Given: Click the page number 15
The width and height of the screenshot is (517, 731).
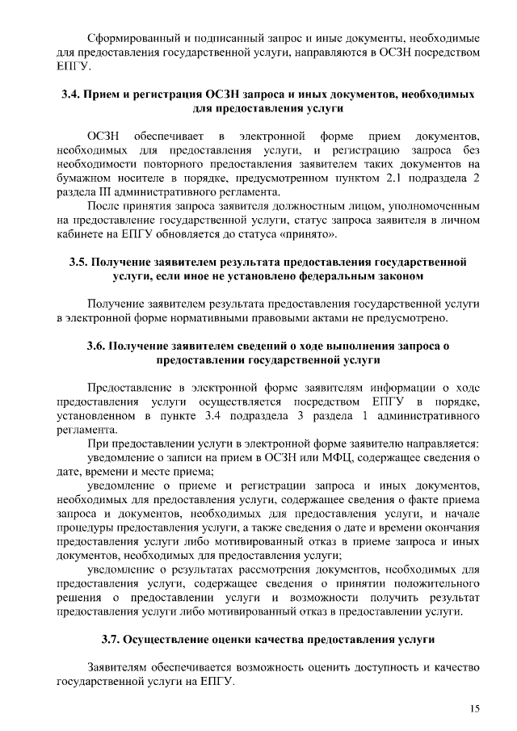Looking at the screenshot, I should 475,708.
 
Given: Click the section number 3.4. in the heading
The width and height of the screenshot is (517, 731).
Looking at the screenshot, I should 73,95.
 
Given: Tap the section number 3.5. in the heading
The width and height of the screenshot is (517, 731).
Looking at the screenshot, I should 79,263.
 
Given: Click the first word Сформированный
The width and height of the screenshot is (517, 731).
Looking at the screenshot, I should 132,39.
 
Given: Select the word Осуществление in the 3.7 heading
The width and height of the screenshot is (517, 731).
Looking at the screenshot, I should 174,640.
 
